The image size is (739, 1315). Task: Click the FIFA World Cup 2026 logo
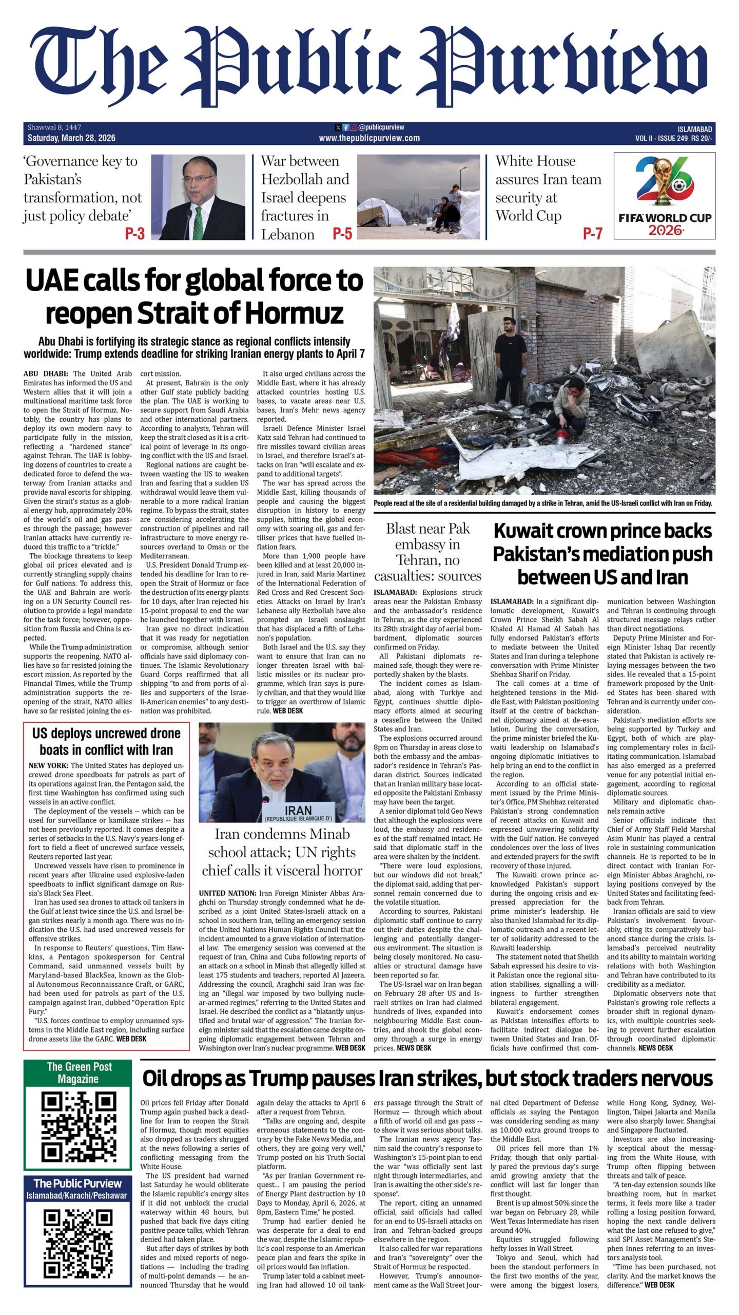665,196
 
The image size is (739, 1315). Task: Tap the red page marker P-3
135,234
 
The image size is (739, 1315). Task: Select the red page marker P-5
342,234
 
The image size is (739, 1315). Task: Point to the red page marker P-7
592,234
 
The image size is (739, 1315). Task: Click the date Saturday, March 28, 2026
71,138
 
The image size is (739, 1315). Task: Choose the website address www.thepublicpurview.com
369,138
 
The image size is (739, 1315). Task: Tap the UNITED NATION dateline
227,893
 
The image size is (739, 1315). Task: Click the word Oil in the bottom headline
159,1078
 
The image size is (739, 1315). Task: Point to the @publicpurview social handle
381,127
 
